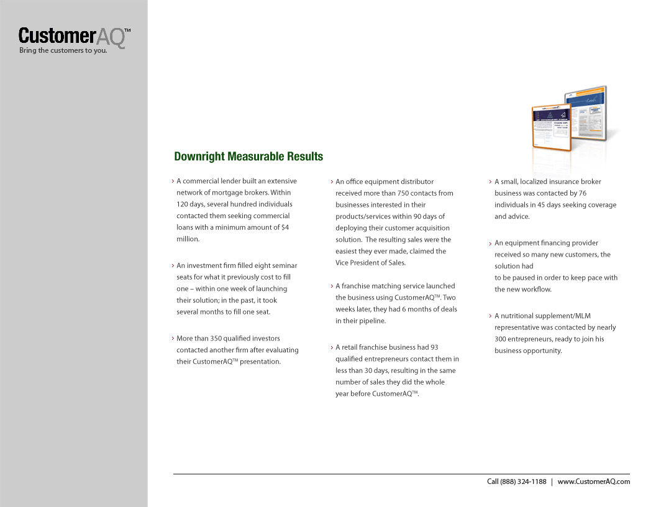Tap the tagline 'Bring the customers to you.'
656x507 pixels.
pyautogui.click(x=63, y=51)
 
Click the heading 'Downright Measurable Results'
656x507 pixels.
pyautogui.click(x=248, y=157)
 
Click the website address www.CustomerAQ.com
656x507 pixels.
pyautogui.click(x=593, y=482)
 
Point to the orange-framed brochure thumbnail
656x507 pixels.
pyautogui.click(x=551, y=127)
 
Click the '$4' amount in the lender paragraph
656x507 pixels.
pyautogui.click(x=285, y=227)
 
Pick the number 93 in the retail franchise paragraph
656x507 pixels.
pyautogui.click(x=434, y=347)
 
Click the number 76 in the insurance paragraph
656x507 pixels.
pyautogui.click(x=581, y=193)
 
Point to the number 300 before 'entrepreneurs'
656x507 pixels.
pyautogui.click(x=501, y=339)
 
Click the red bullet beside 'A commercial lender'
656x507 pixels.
pyautogui.click(x=172, y=181)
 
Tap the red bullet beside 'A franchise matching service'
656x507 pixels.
pyautogui.click(x=331, y=286)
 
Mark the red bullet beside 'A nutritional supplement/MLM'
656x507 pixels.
pyautogui.click(x=490, y=316)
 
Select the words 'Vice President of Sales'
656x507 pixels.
pyautogui.click(x=370, y=263)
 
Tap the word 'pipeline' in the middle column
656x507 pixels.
pyautogui.click(x=372, y=321)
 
